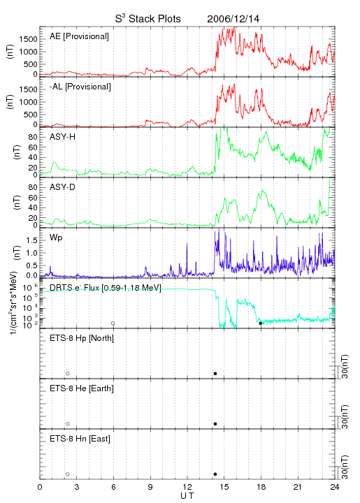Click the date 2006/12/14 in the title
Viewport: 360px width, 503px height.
pyautogui.click(x=233, y=19)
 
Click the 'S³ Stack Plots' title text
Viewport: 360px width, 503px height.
pyautogui.click(x=147, y=19)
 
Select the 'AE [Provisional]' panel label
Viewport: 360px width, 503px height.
pyautogui.click(x=79, y=36)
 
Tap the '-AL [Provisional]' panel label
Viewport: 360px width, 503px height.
pyautogui.click(x=80, y=87)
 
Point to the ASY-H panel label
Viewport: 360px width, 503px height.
pyautogui.click(x=62, y=137)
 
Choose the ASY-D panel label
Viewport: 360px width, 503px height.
pyautogui.click(x=62, y=187)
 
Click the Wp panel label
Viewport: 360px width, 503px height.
pyautogui.click(x=56, y=238)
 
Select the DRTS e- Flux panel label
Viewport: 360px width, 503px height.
pyautogui.click(x=106, y=288)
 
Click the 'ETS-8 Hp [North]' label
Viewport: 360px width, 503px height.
pyautogui.click(x=82, y=338)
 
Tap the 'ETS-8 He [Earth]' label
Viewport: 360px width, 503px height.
pyautogui.click(x=82, y=388)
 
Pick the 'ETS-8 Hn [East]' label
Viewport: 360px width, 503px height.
pyautogui.click(x=80, y=439)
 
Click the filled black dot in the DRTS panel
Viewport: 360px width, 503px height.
pyautogui.click(x=260, y=323)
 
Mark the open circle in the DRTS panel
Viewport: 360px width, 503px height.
pyautogui.click(x=113, y=323)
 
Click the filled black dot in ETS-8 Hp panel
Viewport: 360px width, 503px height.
pyautogui.click(x=215, y=373)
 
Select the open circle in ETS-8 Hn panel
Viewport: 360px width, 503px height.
pyautogui.click(x=68, y=474)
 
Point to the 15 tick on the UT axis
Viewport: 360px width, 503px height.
pyautogui.click(x=224, y=487)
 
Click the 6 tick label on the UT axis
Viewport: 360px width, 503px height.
pyautogui.click(x=113, y=487)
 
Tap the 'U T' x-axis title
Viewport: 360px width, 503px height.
pyautogui.click(x=187, y=496)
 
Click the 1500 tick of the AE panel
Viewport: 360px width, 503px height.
pyautogui.click(x=28, y=39)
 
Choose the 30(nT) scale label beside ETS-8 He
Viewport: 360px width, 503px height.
pyautogui.click(x=345, y=416)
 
